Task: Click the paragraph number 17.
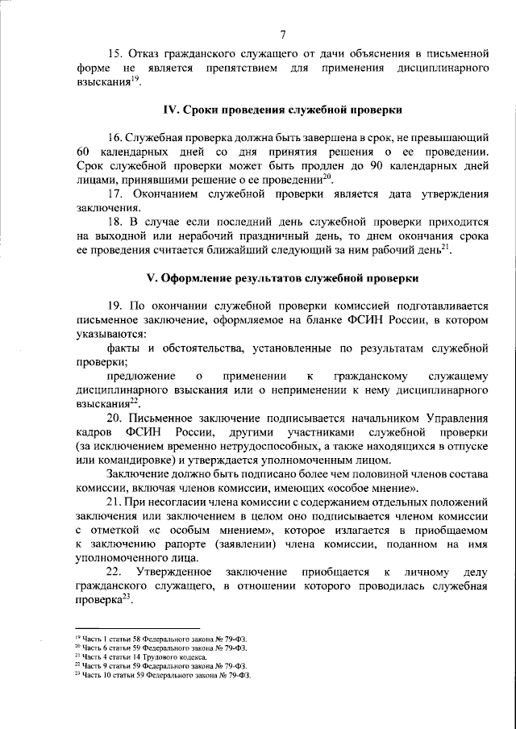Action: [x=114, y=194]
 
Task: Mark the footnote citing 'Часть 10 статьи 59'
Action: [x=162, y=675]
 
